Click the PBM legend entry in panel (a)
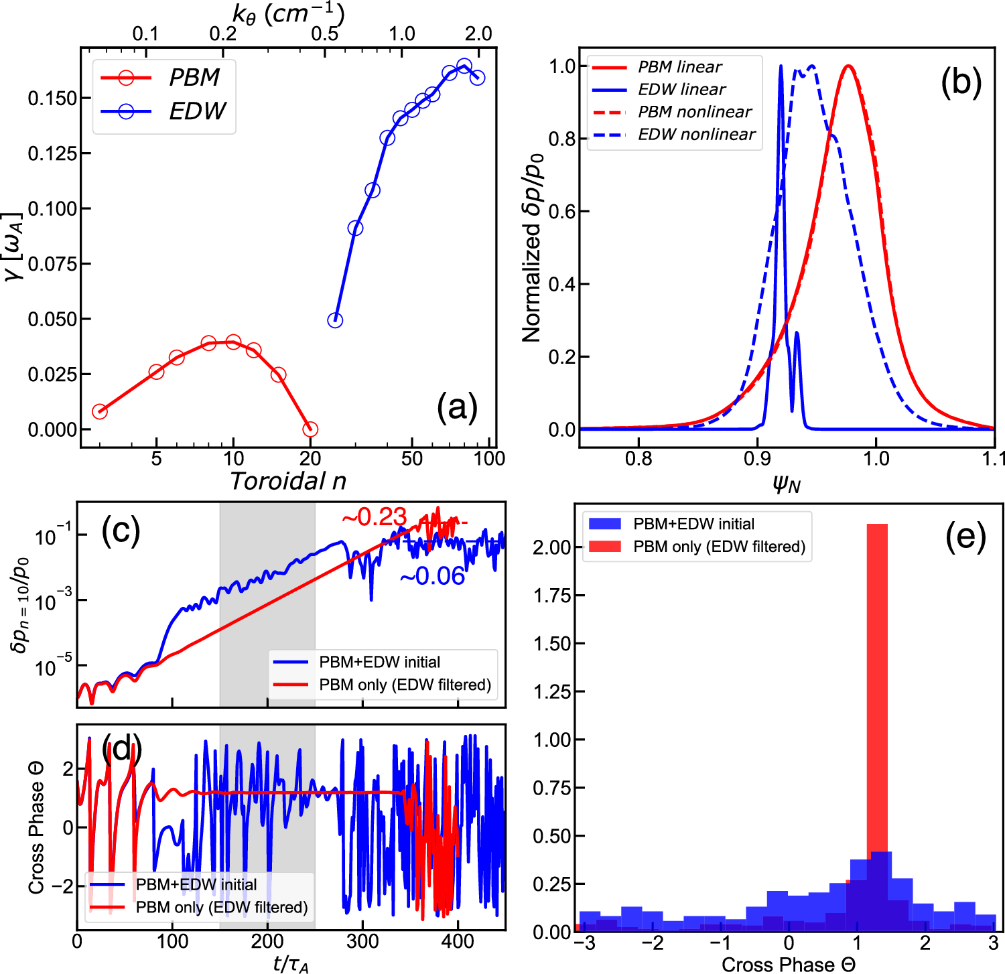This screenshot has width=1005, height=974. pos(194,78)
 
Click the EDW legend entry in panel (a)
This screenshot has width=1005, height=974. pos(197,111)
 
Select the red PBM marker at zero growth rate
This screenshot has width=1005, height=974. pos(310,429)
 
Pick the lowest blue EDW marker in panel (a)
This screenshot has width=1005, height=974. pos(335,320)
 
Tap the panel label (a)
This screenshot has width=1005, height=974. pos(457,407)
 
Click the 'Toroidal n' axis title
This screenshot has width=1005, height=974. pos(288,481)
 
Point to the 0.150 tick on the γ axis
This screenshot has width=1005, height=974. pos(52,98)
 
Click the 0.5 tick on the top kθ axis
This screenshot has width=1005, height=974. pos(324,33)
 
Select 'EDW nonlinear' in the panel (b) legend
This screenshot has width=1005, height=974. pos(696,134)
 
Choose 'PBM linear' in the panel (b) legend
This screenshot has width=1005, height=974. pos(679,67)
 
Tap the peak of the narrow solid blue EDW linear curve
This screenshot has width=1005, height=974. pos(781,67)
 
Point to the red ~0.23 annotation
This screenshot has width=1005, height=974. pos(374,516)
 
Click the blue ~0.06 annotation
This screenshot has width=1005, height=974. pos(432,576)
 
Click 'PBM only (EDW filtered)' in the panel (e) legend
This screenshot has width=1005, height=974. pos(719,547)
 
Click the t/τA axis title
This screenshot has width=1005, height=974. pos(291,964)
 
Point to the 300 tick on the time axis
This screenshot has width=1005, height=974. pos(362,941)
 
